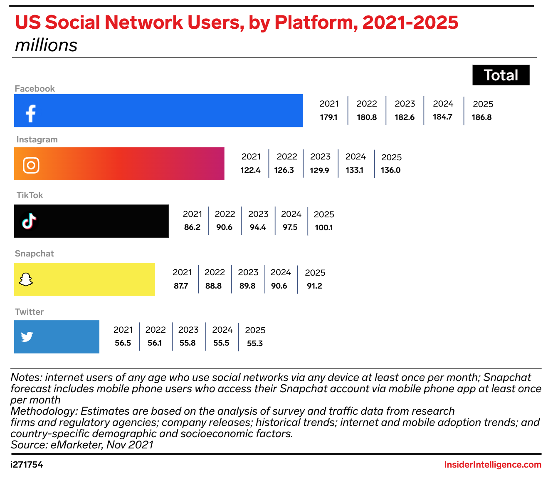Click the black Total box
pyautogui.click(x=501, y=75)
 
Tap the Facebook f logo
pyautogui.click(x=31, y=113)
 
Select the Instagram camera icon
pyautogui.click(x=31, y=165)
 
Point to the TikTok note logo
pyautogui.click(x=29, y=222)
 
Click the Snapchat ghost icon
pyautogui.click(x=26, y=279)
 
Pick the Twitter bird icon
pyautogui.click(x=27, y=336)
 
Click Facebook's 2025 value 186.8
pyautogui.click(x=481, y=117)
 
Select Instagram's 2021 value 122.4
pyautogui.click(x=250, y=170)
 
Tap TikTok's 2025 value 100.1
pyautogui.click(x=323, y=228)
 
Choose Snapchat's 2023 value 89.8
pyautogui.click(x=247, y=286)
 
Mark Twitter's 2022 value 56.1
pyautogui.click(x=155, y=343)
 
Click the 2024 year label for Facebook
pyautogui.click(x=443, y=104)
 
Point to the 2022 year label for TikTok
pyautogui.click(x=225, y=214)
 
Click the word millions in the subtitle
pyautogui.click(x=46, y=45)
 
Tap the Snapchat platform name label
pyautogui.click(x=34, y=254)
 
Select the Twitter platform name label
pyautogui.click(x=29, y=312)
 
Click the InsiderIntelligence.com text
pyautogui.click(x=493, y=465)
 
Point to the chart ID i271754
pyautogui.click(x=27, y=465)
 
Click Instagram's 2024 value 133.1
pyautogui.click(x=354, y=170)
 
